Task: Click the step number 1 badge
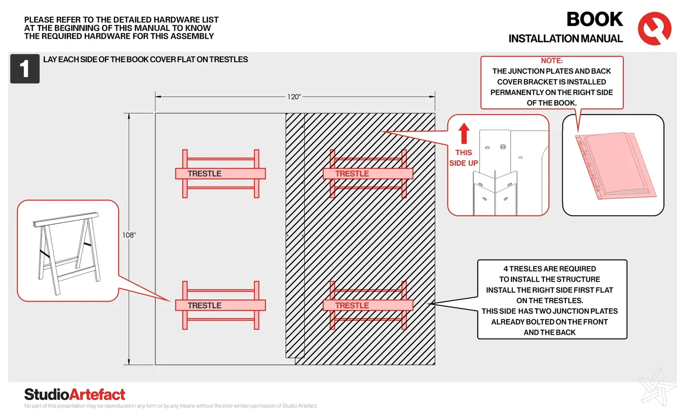click(25, 68)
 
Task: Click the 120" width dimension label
click(294, 97)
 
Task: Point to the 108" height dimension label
click(129, 235)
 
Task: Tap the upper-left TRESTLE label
click(204, 174)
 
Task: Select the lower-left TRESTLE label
click(204, 305)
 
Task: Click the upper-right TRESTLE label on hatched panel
click(352, 174)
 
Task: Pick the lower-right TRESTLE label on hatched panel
click(352, 305)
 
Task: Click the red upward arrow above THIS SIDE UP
click(464, 133)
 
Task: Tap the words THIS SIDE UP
click(464, 158)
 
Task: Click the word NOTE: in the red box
click(552, 61)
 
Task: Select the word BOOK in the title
click(595, 20)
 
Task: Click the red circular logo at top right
click(654, 28)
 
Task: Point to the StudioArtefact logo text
click(74, 394)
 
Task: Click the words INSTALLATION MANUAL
click(565, 39)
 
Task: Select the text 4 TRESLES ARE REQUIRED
click(549, 269)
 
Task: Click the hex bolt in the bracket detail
click(503, 147)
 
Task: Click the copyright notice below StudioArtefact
click(171, 406)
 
